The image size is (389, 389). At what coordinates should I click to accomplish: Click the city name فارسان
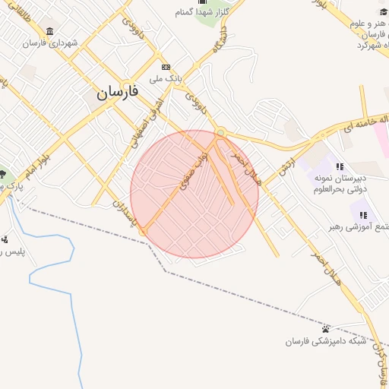pyautogui.click(x=117, y=92)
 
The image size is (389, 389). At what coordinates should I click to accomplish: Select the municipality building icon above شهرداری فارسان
pyautogui.click(x=50, y=31)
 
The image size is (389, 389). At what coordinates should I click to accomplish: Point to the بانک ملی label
pyautogui.click(x=168, y=78)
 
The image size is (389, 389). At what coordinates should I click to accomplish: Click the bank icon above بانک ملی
pyautogui.click(x=166, y=67)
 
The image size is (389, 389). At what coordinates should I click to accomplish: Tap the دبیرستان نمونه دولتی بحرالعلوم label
pyautogui.click(x=340, y=183)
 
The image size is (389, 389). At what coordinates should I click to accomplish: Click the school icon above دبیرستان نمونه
pyautogui.click(x=340, y=166)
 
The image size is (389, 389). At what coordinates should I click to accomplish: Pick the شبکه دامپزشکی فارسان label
pyautogui.click(x=325, y=341)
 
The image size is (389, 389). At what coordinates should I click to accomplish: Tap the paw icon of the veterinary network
pyautogui.click(x=326, y=329)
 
